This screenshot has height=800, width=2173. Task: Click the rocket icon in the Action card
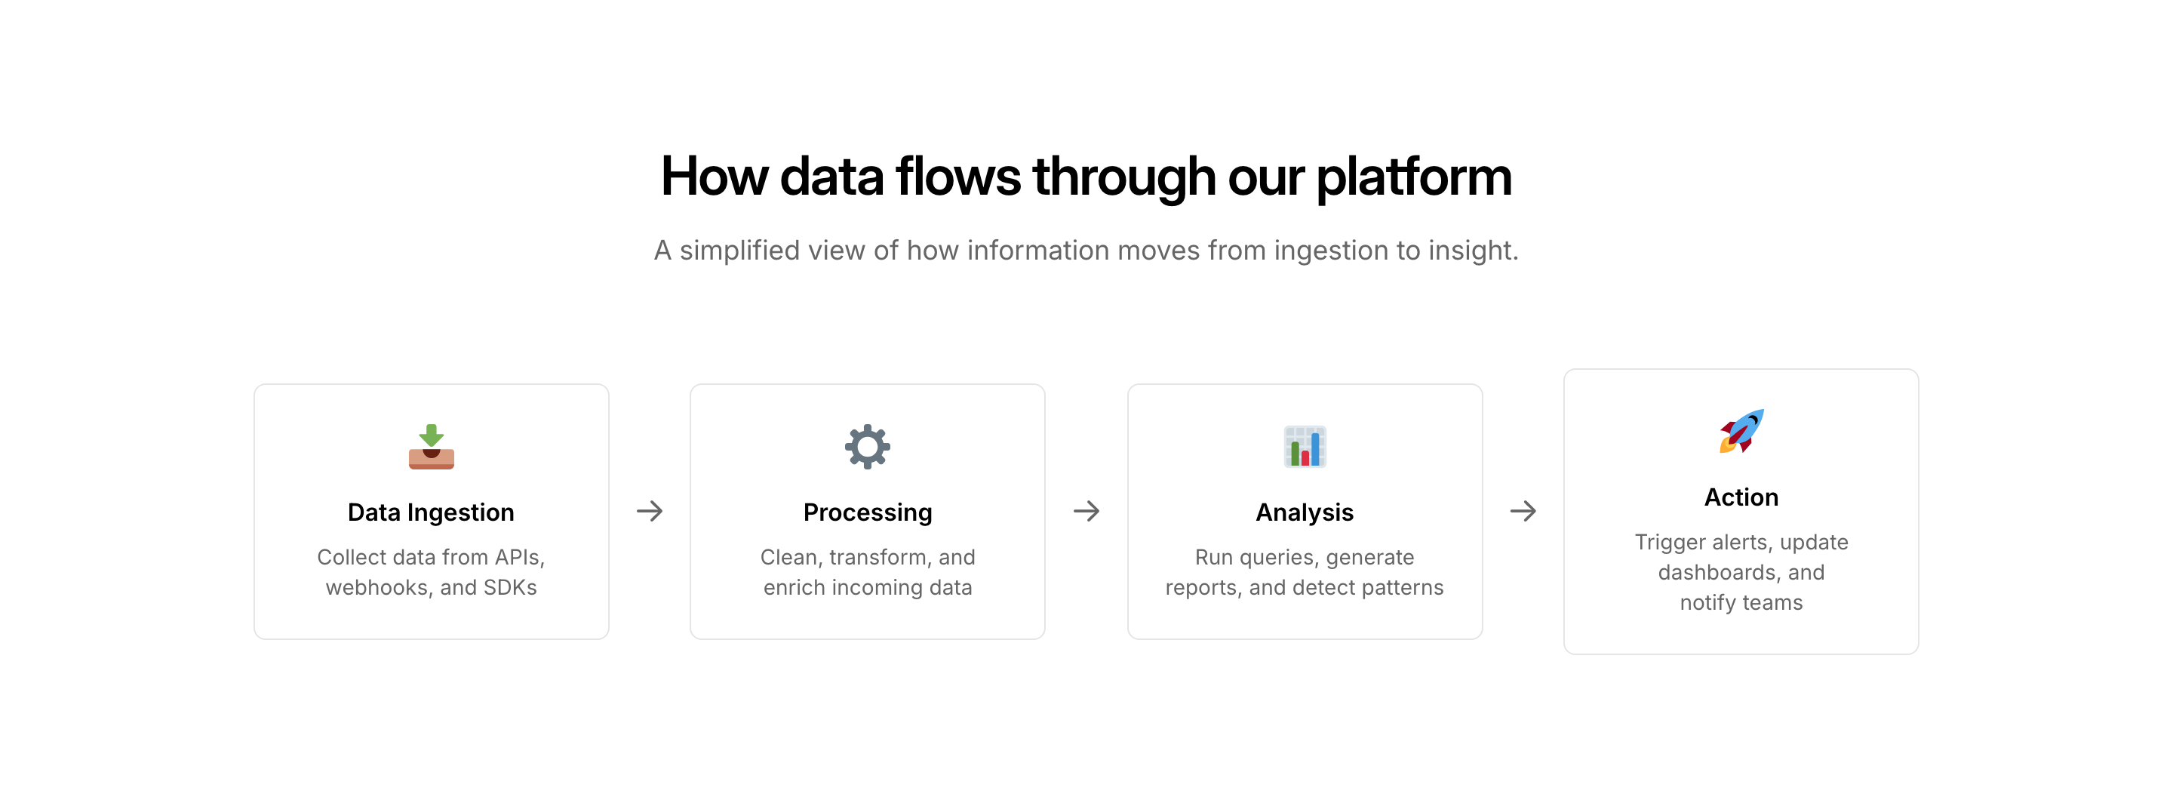click(x=1741, y=431)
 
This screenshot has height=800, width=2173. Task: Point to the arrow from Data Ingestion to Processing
click(x=650, y=512)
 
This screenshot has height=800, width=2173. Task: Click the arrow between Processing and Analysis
click(x=1086, y=512)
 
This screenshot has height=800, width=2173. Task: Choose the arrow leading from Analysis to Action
click(x=1523, y=512)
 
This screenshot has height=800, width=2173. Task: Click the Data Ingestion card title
click(x=431, y=512)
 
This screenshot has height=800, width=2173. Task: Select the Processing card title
click(x=867, y=512)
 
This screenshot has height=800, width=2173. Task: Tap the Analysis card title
click(x=1304, y=512)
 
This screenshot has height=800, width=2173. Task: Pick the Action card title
click(x=1741, y=497)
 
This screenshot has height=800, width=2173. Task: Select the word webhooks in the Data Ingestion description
click(x=377, y=587)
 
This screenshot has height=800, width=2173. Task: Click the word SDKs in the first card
click(x=509, y=587)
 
